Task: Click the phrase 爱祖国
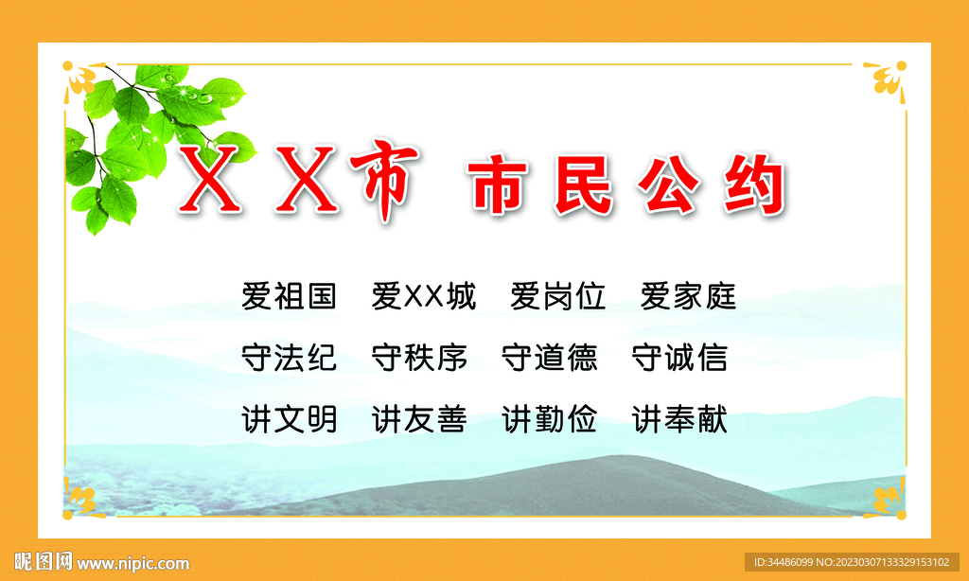pyautogui.click(x=290, y=296)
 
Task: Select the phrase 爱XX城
pyautogui.click(x=424, y=296)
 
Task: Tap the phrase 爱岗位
pyautogui.click(x=558, y=296)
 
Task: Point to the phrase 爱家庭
pyautogui.click(x=689, y=296)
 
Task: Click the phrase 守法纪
pyautogui.click(x=290, y=358)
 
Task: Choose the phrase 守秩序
pyautogui.click(x=419, y=358)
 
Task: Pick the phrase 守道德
pyautogui.click(x=550, y=358)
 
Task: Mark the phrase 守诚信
pyautogui.click(x=679, y=358)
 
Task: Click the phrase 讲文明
pyautogui.click(x=290, y=420)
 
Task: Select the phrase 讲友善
pyautogui.click(x=419, y=420)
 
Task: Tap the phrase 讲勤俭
pyautogui.click(x=550, y=420)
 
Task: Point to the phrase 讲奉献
pyautogui.click(x=679, y=420)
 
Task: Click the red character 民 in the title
pyautogui.click(x=583, y=185)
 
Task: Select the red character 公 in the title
pyautogui.click(x=669, y=185)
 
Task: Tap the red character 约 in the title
pyautogui.click(x=755, y=185)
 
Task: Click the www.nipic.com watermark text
pyautogui.click(x=132, y=563)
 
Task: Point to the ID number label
pyautogui.click(x=852, y=562)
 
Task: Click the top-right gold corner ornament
pyautogui.click(x=886, y=80)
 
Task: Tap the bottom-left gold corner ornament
pyautogui.click(x=83, y=498)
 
